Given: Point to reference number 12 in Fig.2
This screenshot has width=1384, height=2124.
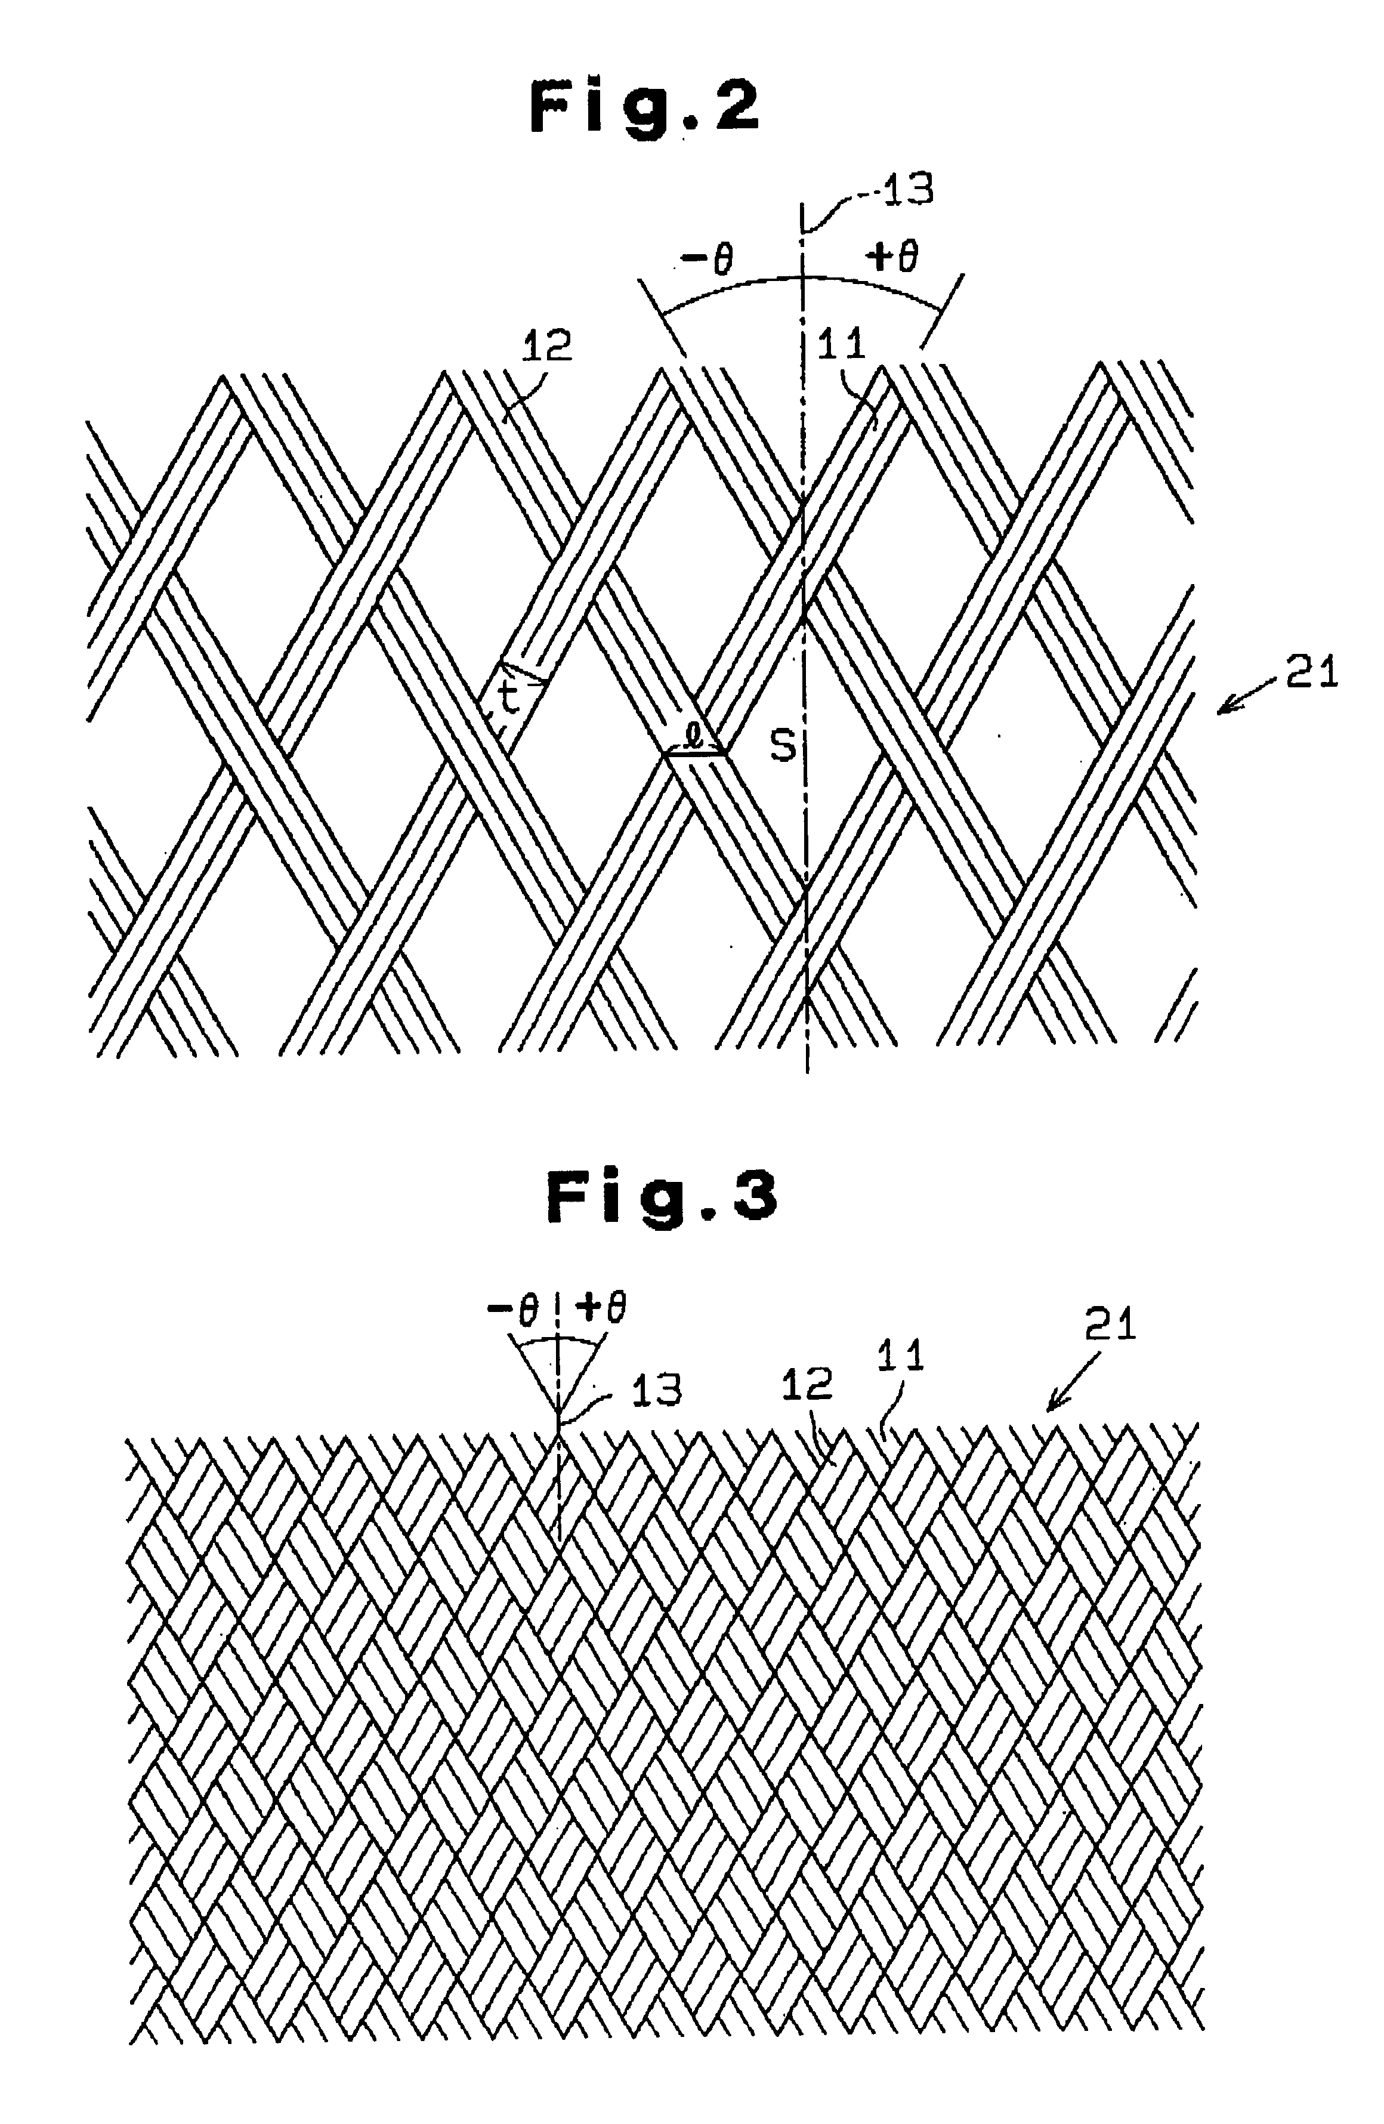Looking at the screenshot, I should point(545,345).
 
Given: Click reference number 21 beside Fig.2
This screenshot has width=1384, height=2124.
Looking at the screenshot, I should point(1312,672).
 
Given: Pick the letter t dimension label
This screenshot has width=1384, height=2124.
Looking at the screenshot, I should point(509,700).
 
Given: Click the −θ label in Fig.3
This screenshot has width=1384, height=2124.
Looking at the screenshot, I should point(512,1310).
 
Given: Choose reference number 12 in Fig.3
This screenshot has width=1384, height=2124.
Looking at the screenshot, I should point(806,1385).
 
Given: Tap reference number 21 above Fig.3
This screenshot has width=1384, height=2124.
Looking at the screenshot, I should point(1110,1325).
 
